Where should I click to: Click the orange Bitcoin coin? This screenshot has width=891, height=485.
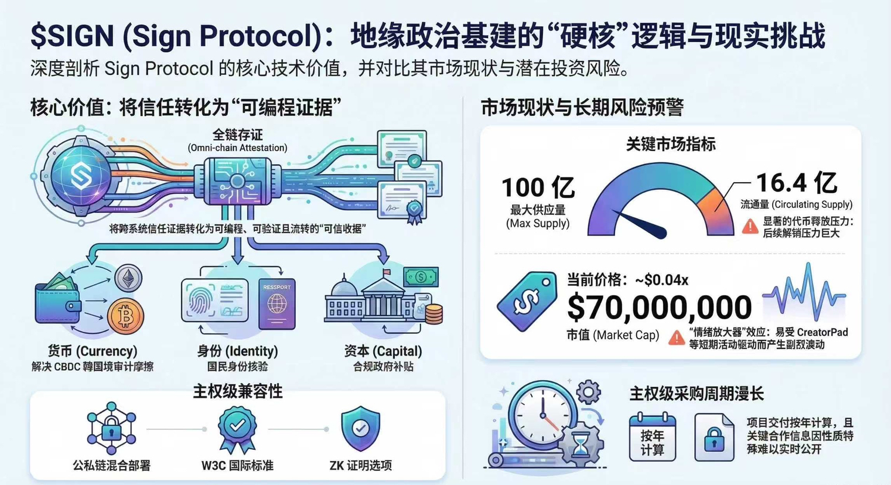tap(125, 317)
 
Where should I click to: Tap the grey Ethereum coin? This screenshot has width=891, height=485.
tap(127, 278)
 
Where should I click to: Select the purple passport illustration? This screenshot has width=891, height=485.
tap(276, 304)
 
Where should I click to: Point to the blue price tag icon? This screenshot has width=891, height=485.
tap(527, 301)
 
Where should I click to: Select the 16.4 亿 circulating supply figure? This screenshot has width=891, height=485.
tap(796, 183)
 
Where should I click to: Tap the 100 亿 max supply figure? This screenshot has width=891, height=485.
tap(538, 188)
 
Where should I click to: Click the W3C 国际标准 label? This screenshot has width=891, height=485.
tap(237, 466)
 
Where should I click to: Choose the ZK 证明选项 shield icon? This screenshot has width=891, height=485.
tap(360, 429)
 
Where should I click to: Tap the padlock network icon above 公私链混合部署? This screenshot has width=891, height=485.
tap(111, 428)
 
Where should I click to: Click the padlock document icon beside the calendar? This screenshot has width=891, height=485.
tap(714, 437)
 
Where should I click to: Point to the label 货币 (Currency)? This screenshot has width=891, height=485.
tap(93, 351)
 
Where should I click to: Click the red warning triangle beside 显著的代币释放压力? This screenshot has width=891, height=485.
tap(750, 227)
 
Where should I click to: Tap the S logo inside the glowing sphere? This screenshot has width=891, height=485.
tap(80, 174)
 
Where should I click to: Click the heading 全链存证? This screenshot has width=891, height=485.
tap(237, 135)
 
